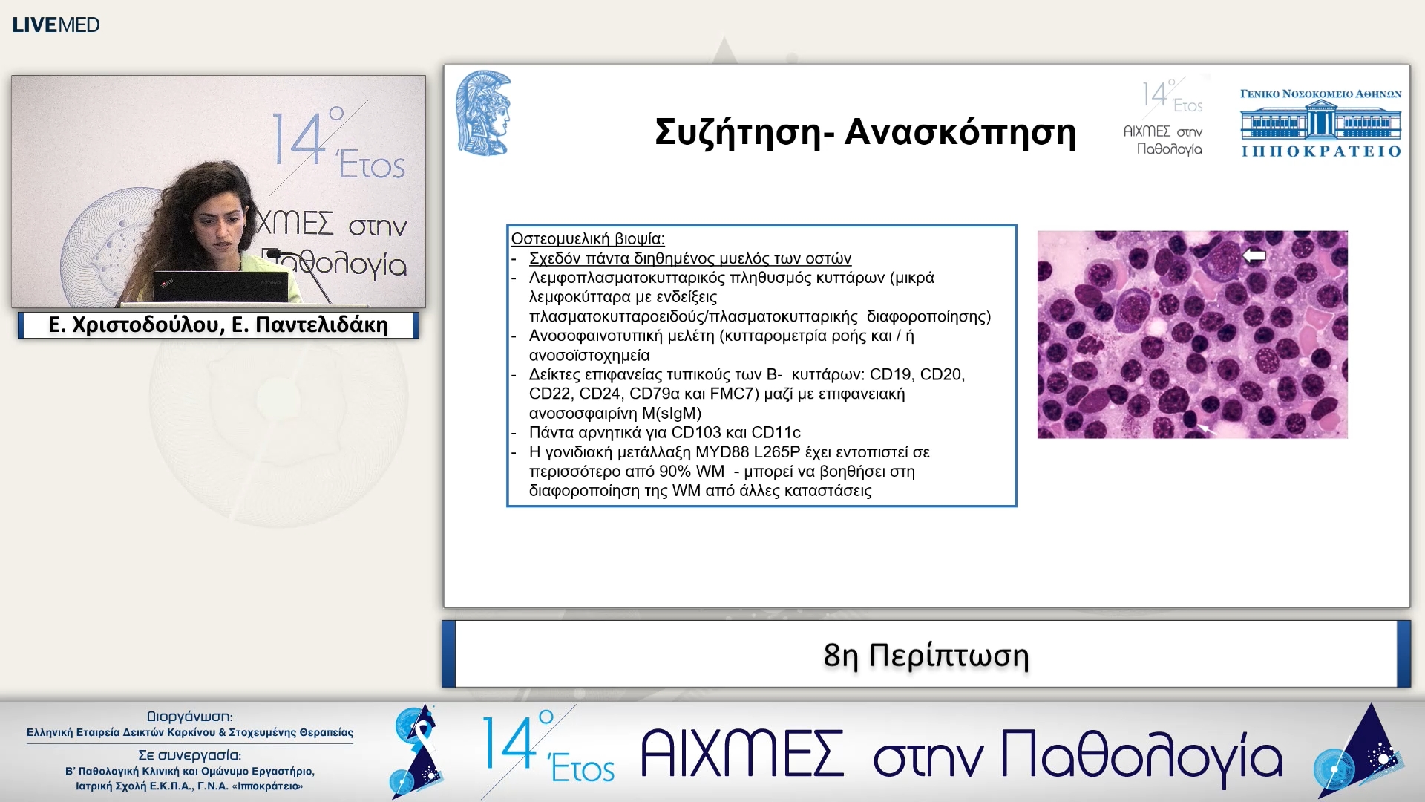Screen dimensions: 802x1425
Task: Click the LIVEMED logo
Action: click(x=56, y=25)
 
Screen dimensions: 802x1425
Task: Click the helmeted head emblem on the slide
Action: click(x=483, y=113)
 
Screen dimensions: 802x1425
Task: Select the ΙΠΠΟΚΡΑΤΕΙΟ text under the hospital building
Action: click(x=1320, y=151)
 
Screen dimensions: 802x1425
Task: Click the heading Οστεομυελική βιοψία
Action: click(x=587, y=239)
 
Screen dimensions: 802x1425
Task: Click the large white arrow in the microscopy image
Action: click(x=1254, y=255)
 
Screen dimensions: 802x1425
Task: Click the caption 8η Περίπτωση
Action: click(x=926, y=655)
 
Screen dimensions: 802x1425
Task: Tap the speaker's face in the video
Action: click(x=220, y=223)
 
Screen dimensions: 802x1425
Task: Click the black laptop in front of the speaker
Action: click(x=220, y=287)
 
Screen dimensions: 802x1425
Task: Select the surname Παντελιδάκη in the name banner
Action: click(x=321, y=325)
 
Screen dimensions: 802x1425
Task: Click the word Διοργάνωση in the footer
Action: click(x=189, y=717)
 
